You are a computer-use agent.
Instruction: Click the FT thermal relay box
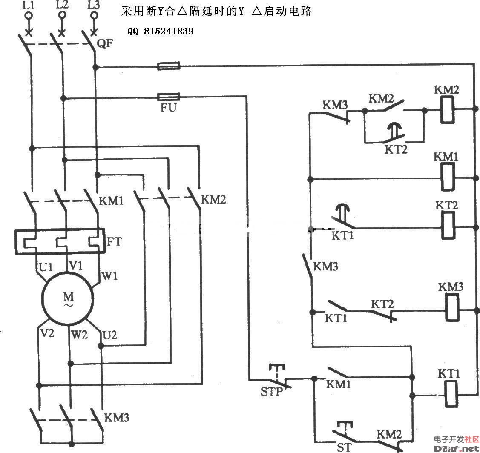[60, 242]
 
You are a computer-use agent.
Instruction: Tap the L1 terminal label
[28, 5]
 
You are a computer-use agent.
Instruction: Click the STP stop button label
[271, 391]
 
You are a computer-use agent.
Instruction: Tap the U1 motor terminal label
[46, 267]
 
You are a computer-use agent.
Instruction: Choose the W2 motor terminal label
[80, 335]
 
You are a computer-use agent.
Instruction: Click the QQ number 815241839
[161, 31]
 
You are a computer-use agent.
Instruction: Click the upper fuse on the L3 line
[169, 66]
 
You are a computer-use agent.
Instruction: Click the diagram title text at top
[216, 11]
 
